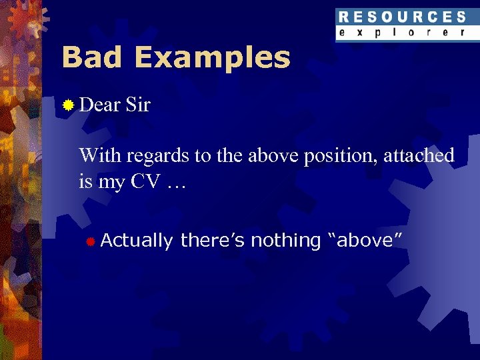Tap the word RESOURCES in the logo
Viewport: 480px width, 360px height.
401,17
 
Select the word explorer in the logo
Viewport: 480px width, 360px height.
401,32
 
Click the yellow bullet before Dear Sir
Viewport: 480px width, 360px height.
67,105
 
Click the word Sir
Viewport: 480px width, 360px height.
137,105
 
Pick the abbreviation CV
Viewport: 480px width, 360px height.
144,181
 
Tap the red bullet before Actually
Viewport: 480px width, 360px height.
90,241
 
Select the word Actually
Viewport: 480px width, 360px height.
137,241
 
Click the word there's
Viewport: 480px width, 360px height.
213,240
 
